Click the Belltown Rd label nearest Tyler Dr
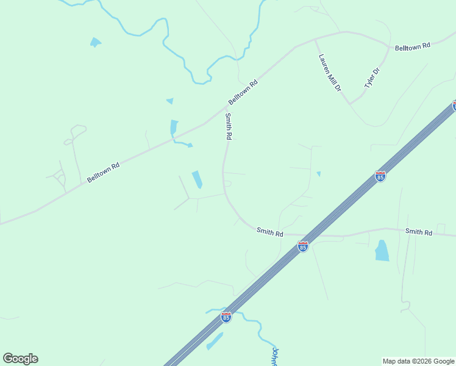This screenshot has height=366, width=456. point(413,46)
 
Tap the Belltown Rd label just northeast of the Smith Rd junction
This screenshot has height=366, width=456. point(243,91)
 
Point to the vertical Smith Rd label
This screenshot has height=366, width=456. point(229,127)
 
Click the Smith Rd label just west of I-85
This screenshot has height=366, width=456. point(269,232)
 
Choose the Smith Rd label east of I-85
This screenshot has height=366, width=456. point(419,232)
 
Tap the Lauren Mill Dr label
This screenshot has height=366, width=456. point(330,73)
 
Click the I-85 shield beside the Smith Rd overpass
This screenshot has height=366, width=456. point(303,246)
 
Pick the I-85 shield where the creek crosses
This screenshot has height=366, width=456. point(226,317)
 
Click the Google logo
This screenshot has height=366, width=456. point(21,359)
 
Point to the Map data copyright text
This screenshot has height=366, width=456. point(418,361)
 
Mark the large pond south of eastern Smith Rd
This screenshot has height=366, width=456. point(382,251)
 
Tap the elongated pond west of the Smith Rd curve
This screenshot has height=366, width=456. point(198,179)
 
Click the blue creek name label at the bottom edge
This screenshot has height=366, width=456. point(275,357)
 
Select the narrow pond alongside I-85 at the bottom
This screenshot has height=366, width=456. point(215,341)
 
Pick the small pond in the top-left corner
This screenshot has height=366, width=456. point(95,42)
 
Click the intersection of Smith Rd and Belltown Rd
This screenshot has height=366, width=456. point(227,107)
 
